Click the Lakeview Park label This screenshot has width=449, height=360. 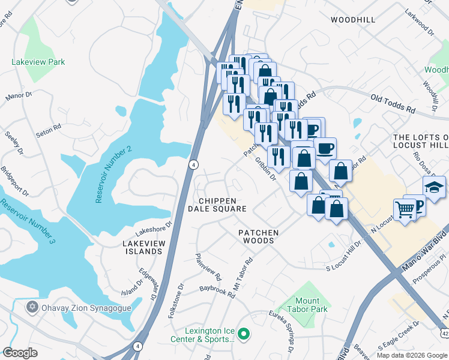point(38,62)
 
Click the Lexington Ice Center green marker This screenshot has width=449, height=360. point(243,333)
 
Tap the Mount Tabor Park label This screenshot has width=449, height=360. point(311,305)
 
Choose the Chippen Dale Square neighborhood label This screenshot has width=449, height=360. point(217,205)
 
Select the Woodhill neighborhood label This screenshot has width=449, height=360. point(353,20)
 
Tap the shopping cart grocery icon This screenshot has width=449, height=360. point(405,210)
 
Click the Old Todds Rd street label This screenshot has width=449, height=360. point(393,104)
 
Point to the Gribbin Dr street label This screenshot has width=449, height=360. point(264,169)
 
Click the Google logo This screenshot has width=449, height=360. point(20,353)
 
